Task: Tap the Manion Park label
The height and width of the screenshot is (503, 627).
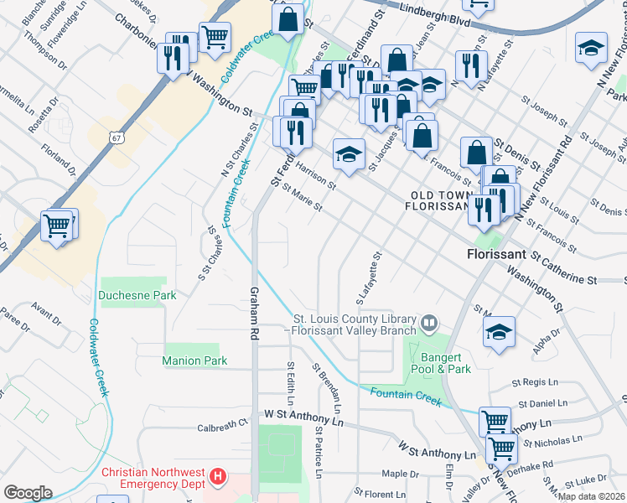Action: click(x=194, y=360)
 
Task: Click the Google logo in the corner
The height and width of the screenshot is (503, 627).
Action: click(x=28, y=493)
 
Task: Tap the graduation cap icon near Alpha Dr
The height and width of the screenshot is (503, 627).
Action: click(x=499, y=331)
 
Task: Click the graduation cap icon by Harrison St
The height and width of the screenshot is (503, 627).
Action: click(x=350, y=153)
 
